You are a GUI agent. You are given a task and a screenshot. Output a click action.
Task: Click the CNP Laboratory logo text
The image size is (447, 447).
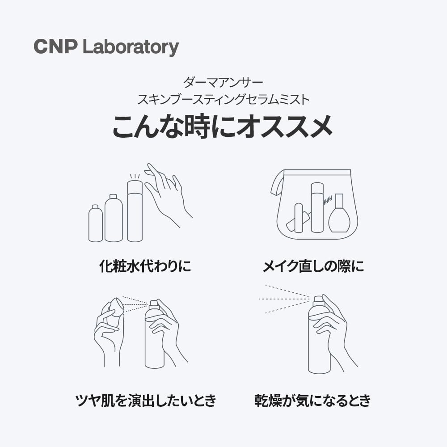click(106, 47)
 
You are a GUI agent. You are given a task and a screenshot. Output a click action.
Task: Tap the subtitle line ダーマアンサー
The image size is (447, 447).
click(223, 82)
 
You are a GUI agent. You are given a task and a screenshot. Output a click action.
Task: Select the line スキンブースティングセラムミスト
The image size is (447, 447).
click(223, 99)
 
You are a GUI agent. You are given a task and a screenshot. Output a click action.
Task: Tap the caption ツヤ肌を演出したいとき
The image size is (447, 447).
click(145, 400)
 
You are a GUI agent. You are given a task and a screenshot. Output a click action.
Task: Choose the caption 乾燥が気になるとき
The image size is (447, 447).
click(313, 400)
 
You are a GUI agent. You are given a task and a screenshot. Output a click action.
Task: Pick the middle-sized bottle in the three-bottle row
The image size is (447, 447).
click(114, 219)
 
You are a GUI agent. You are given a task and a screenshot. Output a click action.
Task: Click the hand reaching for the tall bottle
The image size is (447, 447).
click(168, 192)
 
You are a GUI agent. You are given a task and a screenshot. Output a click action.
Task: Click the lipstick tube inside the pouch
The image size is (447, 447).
click(298, 218)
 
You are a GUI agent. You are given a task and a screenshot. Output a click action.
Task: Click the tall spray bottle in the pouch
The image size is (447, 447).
click(317, 208)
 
